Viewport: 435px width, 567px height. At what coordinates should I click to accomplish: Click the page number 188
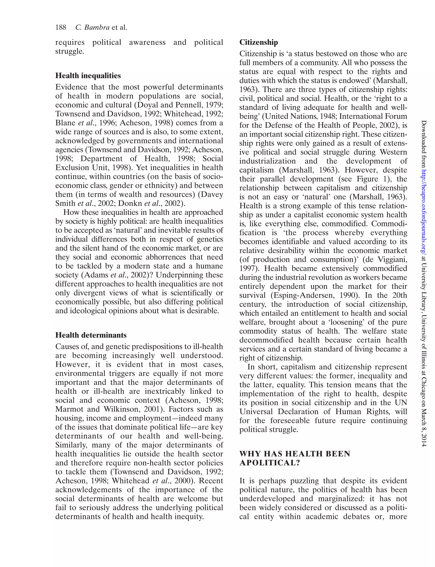pos(61,27)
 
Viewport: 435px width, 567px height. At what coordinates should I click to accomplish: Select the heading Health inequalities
pos(88,76)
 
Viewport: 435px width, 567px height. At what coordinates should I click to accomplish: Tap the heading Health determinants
pos(91,335)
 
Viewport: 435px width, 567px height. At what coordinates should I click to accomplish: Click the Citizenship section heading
pos(258,42)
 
